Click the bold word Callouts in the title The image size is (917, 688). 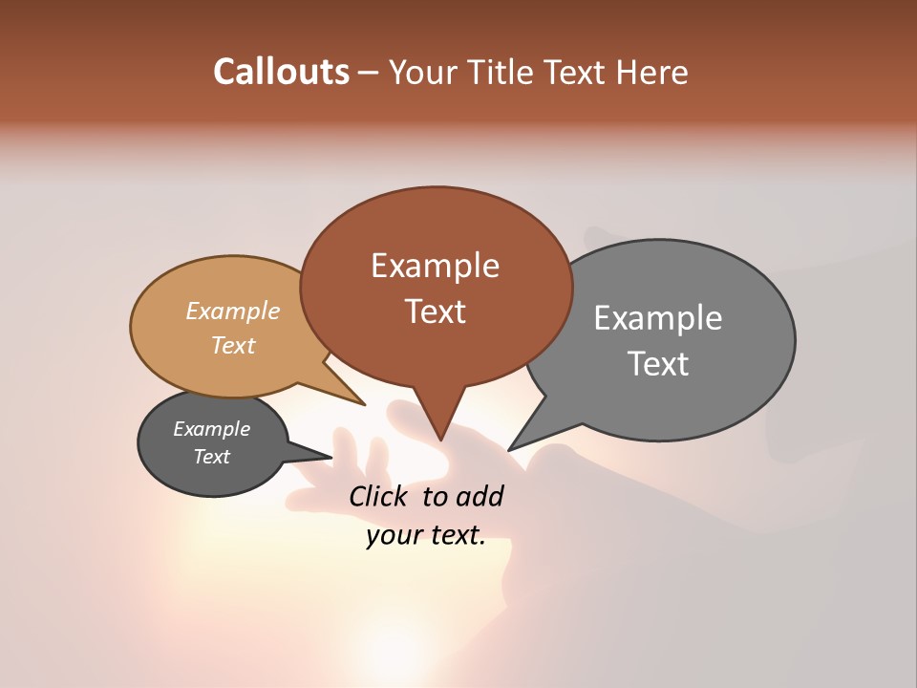point(281,72)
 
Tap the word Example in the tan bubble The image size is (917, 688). point(233,311)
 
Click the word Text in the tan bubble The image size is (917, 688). point(233,345)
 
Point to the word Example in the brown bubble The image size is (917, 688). point(435,266)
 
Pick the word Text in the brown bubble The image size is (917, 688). point(435,312)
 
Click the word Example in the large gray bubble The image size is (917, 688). point(658,317)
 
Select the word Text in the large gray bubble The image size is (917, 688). point(658,364)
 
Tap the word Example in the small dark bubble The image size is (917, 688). point(211,429)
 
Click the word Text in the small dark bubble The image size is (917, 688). point(211,457)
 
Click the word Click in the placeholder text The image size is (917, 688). point(379,496)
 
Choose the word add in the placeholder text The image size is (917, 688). point(480,496)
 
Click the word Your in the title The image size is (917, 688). point(420,72)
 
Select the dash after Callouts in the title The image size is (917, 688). point(369,72)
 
